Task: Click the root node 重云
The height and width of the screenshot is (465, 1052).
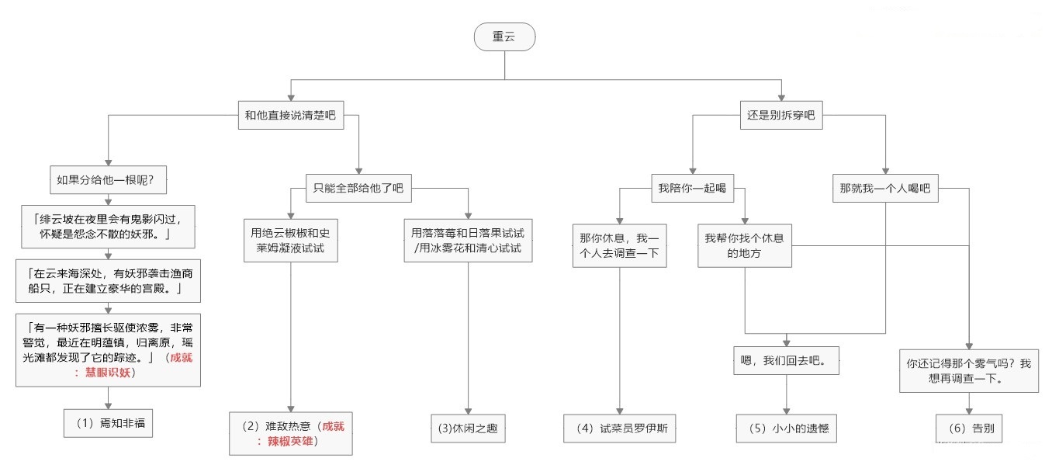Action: (504, 37)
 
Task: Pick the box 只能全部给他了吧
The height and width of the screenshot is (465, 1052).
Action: (358, 187)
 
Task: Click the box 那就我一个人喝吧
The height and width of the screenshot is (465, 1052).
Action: (884, 187)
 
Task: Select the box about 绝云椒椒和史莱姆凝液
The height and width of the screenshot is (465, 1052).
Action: (290, 240)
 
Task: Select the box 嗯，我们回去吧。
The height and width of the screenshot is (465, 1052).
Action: (787, 361)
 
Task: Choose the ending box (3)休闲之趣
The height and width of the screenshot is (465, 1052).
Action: (468, 428)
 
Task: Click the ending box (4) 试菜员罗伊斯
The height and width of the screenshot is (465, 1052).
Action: (619, 428)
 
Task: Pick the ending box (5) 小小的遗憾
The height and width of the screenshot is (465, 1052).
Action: (787, 428)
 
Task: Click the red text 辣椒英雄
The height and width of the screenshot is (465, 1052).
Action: (290, 442)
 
